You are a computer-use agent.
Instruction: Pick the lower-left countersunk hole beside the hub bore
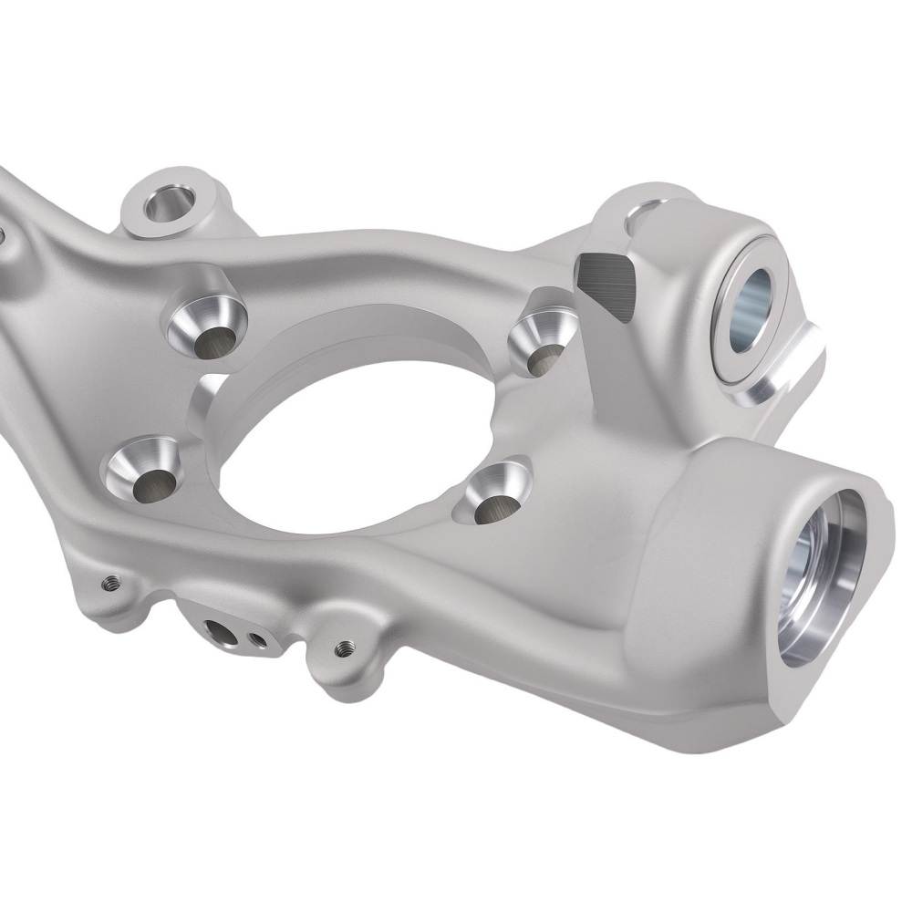(150, 481)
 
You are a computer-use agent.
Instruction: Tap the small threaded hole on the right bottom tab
(343, 648)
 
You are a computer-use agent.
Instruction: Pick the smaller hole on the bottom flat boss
(258, 637)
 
